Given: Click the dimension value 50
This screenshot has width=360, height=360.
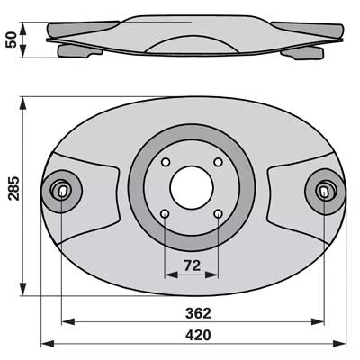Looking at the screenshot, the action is pyautogui.click(x=11, y=40).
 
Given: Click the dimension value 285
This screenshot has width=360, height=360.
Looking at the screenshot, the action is pyautogui.click(x=13, y=188).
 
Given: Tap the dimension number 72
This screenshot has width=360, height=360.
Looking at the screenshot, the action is pyautogui.click(x=192, y=265).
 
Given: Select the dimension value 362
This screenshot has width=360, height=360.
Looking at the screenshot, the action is pyautogui.click(x=198, y=313).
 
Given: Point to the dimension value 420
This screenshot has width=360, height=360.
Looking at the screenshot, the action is pyautogui.click(x=198, y=335).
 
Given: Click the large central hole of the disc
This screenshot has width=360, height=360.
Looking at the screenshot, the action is pyautogui.click(x=192, y=188).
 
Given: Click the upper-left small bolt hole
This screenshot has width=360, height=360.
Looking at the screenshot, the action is pyautogui.click(x=166, y=162).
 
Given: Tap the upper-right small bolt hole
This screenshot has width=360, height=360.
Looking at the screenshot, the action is pyautogui.click(x=218, y=162).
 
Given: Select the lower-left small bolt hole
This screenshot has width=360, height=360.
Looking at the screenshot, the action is pyautogui.click(x=166, y=214).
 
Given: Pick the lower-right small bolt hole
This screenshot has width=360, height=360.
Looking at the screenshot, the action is pyautogui.click(x=218, y=214).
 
